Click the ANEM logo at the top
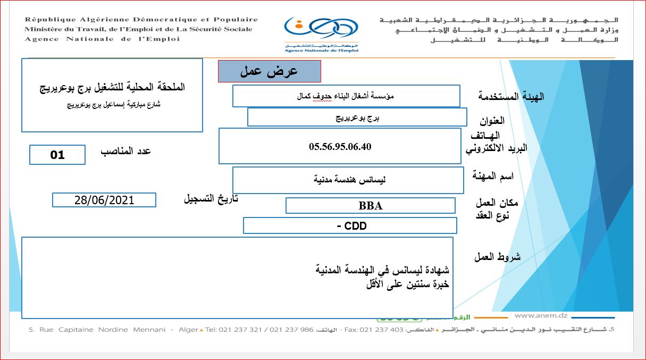321,33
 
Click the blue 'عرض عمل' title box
270,71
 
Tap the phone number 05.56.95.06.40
340,147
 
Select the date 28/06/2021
104,200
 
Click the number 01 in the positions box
57,155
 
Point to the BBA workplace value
371,206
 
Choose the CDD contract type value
351,226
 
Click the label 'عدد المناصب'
126,151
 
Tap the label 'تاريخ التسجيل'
211,199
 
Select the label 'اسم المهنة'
493,176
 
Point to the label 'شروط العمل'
497,257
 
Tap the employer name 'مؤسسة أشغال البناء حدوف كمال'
347,96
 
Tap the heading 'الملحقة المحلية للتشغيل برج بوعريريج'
113,87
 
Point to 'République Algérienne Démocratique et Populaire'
141,20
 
